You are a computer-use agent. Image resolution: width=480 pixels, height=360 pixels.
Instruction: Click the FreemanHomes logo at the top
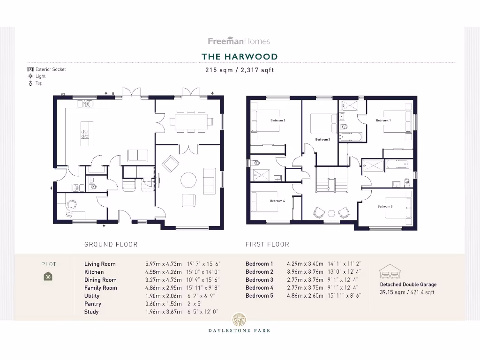[239, 41]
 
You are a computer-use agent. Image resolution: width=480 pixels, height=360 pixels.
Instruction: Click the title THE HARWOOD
[240, 57]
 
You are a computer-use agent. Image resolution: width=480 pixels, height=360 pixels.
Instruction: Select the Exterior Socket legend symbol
[30, 69]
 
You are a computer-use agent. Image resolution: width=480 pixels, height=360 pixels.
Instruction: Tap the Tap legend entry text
[39, 83]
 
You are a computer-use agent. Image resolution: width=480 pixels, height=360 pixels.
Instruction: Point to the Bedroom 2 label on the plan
[278, 120]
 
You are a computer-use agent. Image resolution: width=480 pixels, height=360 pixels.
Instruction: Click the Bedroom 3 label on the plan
[322, 139]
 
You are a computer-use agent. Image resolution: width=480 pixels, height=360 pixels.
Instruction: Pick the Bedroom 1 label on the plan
[383, 120]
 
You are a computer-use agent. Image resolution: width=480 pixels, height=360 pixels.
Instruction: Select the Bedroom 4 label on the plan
[277, 201]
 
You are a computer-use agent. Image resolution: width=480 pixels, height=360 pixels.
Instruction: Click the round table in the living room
[189, 180]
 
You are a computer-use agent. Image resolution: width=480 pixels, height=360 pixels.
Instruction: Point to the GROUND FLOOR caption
[111, 244]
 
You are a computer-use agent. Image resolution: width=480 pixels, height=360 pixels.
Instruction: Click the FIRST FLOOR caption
[267, 244]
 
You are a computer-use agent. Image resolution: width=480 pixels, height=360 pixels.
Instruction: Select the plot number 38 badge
[48, 277]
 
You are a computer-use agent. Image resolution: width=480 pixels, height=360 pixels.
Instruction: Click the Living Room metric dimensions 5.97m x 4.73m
[163, 264]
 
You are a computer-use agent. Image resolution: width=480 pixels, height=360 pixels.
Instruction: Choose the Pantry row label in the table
[93, 304]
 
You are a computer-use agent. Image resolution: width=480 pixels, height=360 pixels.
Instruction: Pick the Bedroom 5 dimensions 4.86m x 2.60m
[305, 296]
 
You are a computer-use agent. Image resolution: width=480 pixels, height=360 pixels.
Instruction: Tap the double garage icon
[389, 271]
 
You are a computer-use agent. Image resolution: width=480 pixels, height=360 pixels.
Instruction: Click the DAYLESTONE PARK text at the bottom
[240, 330]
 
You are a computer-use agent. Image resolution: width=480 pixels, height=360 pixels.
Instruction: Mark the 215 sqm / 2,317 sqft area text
[240, 70]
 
